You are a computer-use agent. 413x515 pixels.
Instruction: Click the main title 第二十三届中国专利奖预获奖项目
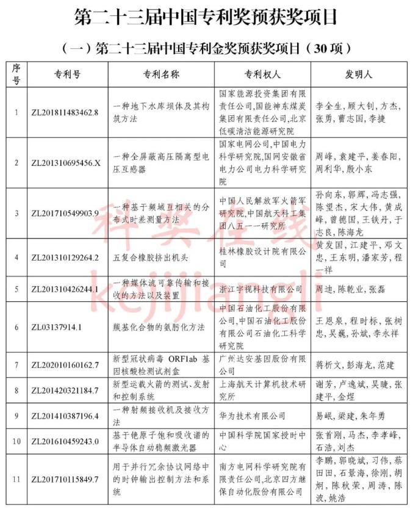coord(206,17)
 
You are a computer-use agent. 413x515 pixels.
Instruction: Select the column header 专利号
coord(64,74)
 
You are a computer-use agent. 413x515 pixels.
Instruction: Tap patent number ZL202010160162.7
coord(64,365)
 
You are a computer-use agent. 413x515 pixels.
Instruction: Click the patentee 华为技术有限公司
coord(252,416)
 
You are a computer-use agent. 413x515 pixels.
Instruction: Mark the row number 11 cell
coord(16,479)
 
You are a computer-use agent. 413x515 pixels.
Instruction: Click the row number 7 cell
coord(16,365)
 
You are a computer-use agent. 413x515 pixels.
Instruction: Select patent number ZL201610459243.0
coord(64,441)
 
